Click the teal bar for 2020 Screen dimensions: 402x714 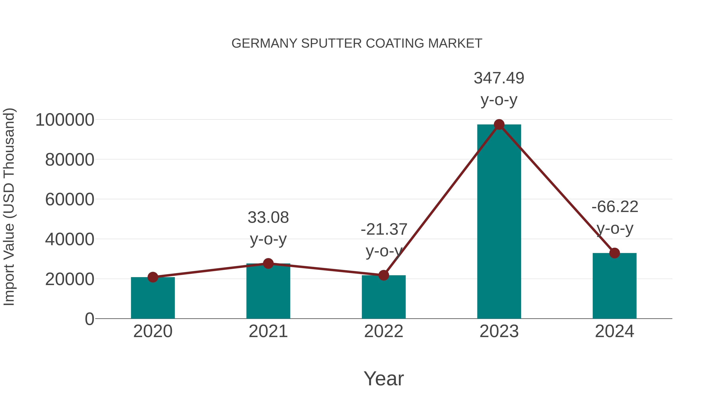[x=153, y=298]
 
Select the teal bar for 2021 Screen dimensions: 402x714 [x=268, y=291]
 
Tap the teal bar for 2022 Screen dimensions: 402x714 [x=383, y=297]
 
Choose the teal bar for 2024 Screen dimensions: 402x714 [x=614, y=286]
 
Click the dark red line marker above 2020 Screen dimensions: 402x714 [x=153, y=277]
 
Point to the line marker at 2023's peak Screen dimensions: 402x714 [x=499, y=124]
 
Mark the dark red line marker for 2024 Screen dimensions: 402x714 [x=614, y=253]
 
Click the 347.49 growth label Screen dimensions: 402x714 [x=499, y=78]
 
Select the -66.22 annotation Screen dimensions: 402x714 [x=614, y=207]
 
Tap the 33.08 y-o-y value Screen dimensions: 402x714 [x=268, y=218]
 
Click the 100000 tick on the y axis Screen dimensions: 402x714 [x=65, y=120]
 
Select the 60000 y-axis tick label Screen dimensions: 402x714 [x=70, y=200]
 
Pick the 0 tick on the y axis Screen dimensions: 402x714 [x=89, y=319]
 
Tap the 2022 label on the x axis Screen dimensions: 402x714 [x=383, y=331]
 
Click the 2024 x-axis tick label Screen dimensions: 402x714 [x=614, y=331]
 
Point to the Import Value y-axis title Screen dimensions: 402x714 [x=9, y=207]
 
